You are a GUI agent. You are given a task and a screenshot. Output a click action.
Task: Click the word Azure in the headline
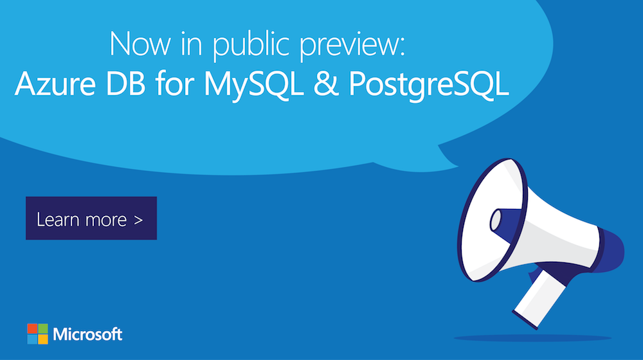[x=50, y=85]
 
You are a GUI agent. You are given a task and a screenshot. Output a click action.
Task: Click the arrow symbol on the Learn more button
[x=139, y=219]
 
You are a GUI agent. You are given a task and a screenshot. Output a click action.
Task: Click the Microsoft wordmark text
[x=88, y=334]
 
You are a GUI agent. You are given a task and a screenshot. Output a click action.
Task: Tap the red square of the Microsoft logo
[x=32, y=328]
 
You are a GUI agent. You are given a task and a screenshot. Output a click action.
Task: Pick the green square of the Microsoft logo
[x=42, y=328]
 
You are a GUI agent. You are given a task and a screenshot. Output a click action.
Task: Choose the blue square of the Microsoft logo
[x=32, y=339]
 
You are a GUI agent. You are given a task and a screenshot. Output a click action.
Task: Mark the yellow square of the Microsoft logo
[x=42, y=339]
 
